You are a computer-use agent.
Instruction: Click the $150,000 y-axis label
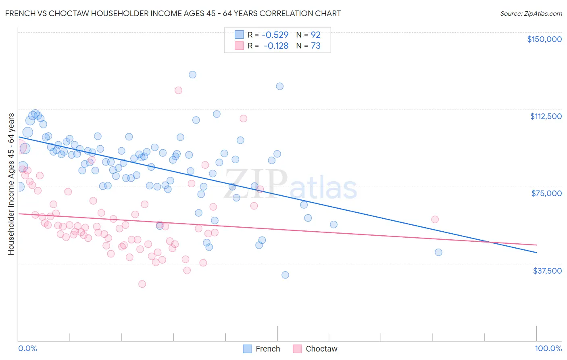coord(544,39)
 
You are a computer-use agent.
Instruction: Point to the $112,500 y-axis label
coord(546,116)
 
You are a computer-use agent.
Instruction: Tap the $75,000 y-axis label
coord(546,193)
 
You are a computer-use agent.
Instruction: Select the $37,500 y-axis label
coord(547,271)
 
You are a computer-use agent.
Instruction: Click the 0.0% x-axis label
coord(27,348)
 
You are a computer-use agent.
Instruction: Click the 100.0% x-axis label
coord(548,348)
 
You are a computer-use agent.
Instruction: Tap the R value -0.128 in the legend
coord(276,46)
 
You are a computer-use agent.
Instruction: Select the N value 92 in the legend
coord(315,35)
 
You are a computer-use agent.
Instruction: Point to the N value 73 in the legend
coord(315,46)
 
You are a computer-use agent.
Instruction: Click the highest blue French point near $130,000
coord(192,75)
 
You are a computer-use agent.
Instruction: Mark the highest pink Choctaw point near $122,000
coord(178,90)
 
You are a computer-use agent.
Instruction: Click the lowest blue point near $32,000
coord(285,275)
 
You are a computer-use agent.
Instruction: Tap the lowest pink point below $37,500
coord(142,284)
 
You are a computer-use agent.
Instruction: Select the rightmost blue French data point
coord(438,252)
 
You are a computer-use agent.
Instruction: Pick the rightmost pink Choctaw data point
coord(435,220)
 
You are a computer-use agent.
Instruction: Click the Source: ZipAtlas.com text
coord(531,14)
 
